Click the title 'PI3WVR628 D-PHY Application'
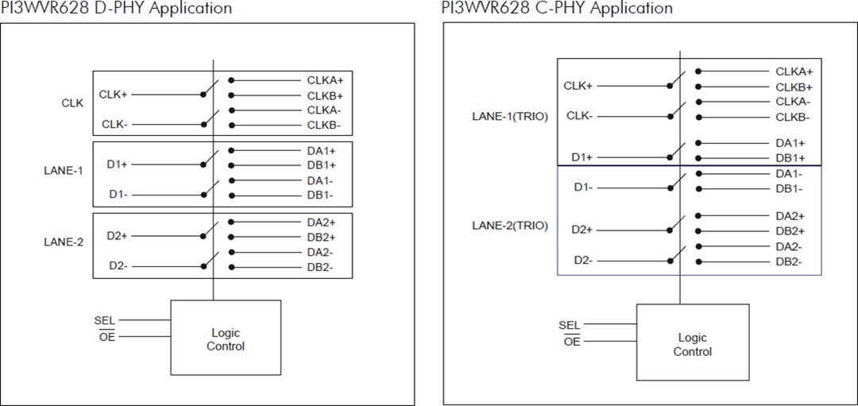[116, 9]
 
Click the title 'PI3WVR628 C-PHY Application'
[556, 9]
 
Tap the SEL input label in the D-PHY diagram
[105, 320]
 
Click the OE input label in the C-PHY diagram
[572, 342]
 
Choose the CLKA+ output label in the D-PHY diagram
[325, 80]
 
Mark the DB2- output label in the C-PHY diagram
[789, 262]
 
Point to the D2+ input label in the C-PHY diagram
[582, 230]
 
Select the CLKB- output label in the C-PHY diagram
[793, 118]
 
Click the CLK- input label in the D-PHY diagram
[114, 125]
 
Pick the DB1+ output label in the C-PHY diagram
[790, 158]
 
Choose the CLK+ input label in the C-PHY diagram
[578, 86]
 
